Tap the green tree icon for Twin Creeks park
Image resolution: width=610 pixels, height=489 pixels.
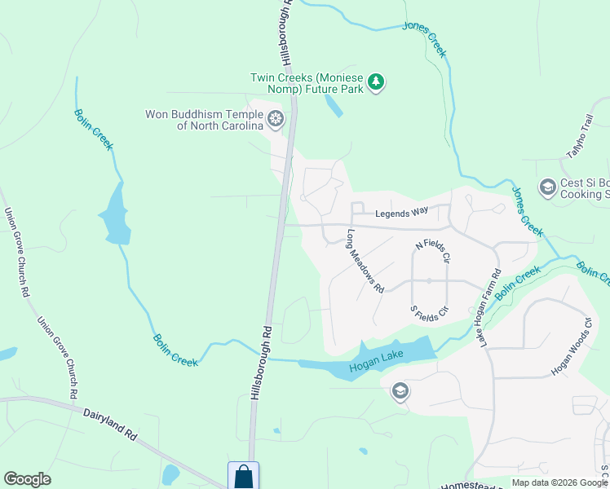click(x=375, y=81)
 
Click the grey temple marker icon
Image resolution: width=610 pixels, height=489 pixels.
click(x=276, y=120)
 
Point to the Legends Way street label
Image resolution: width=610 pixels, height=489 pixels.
click(x=401, y=214)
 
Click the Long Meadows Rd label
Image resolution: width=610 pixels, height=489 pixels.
click(x=365, y=261)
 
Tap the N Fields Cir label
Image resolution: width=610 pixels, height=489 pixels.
click(x=432, y=251)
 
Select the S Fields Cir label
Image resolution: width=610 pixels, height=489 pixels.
click(x=429, y=311)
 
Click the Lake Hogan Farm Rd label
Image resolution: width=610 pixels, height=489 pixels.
click(x=488, y=305)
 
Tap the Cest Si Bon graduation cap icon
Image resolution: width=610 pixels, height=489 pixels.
click(x=547, y=187)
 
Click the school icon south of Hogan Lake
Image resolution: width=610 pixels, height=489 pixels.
click(x=400, y=392)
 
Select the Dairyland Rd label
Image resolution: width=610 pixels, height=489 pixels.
click(x=110, y=424)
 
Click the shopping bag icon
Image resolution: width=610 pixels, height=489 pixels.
click(x=243, y=476)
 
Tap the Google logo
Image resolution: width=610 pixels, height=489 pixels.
click(x=27, y=479)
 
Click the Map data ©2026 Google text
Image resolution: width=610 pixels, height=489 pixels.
click(x=559, y=482)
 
